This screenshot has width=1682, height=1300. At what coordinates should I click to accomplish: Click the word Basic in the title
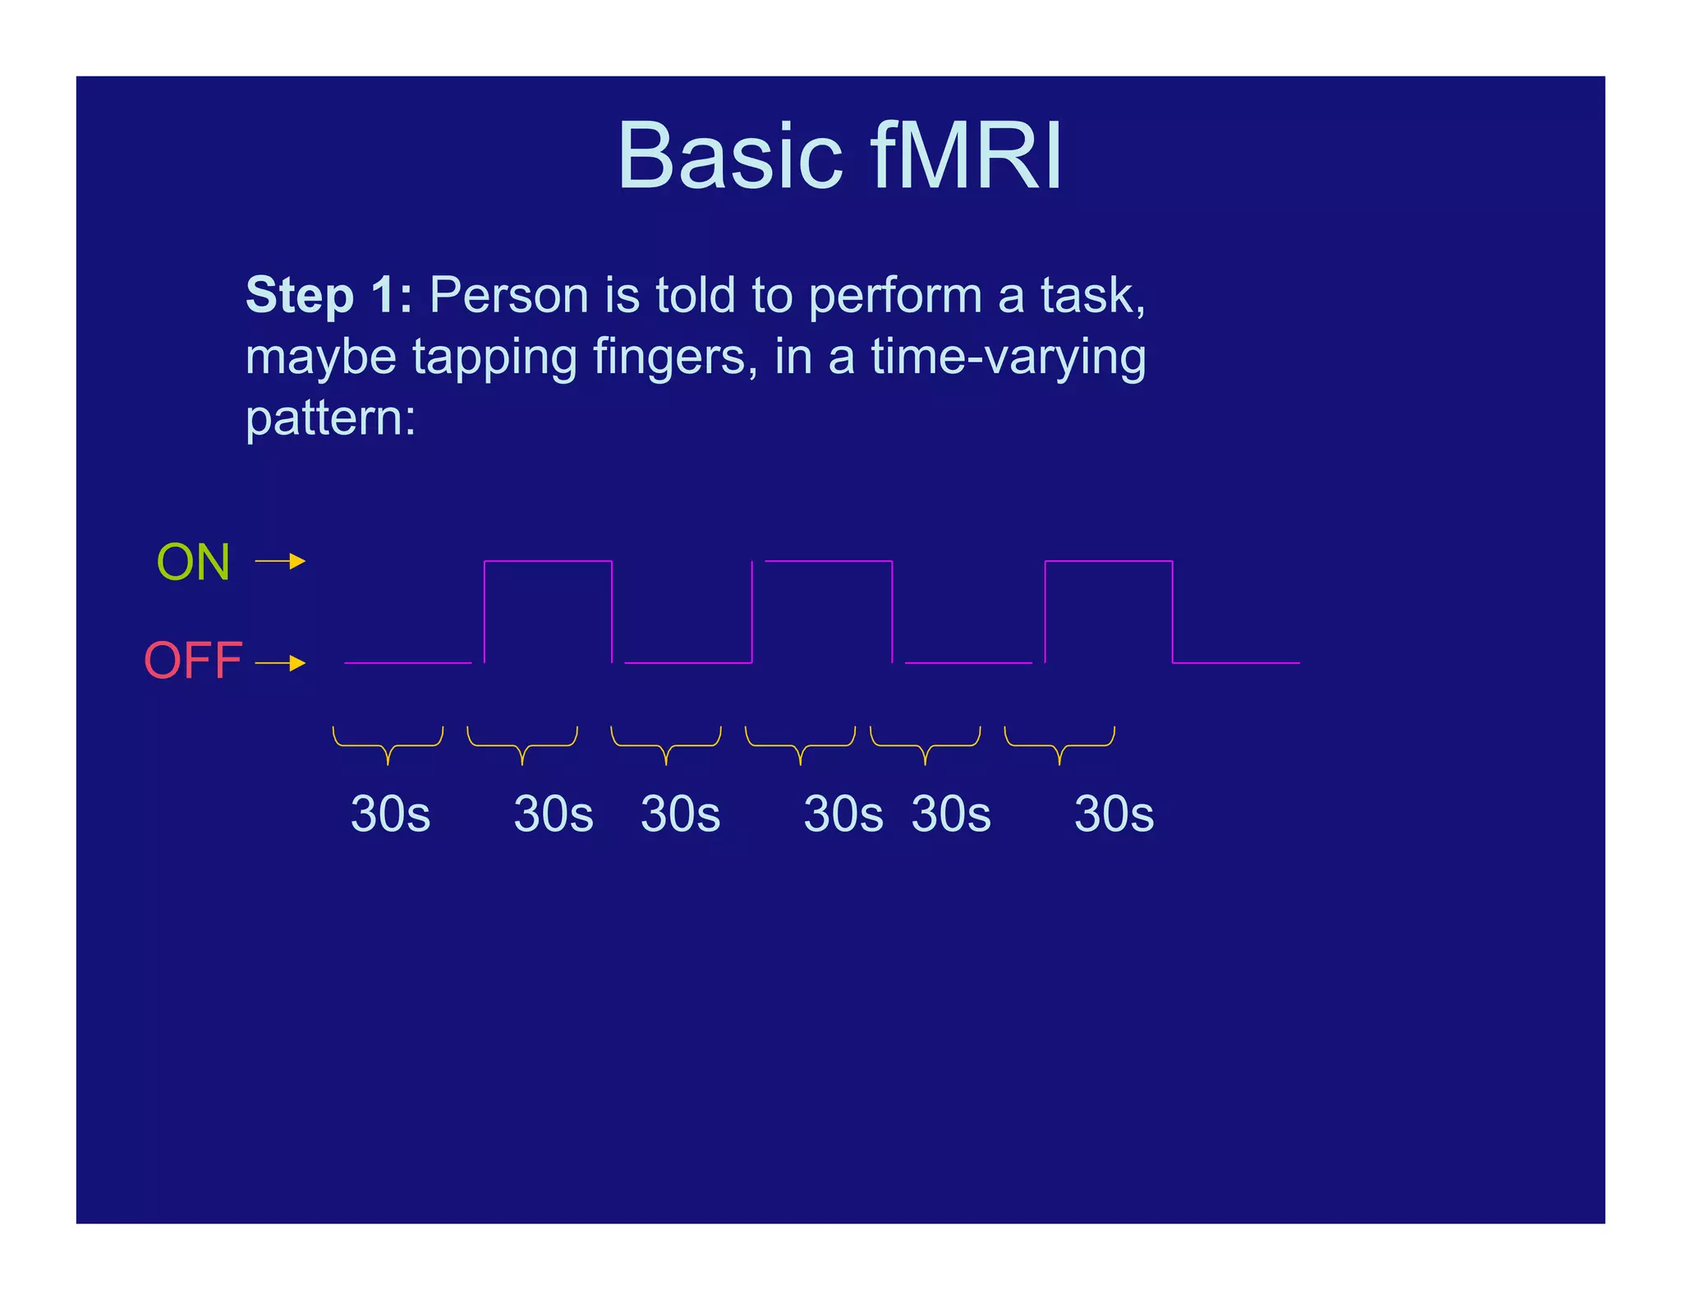tap(729, 156)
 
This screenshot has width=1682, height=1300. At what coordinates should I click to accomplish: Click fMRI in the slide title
tap(966, 156)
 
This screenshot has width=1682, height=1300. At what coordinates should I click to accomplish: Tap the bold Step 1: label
tap(329, 295)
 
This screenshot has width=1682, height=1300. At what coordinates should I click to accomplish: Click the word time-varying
tap(1008, 357)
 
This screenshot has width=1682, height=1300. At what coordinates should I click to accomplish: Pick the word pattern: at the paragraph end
tap(330, 418)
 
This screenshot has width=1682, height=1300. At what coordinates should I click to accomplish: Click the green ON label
tap(193, 563)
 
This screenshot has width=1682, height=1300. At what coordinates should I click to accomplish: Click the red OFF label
tap(193, 661)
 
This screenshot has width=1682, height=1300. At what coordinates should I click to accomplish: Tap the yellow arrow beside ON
tap(280, 561)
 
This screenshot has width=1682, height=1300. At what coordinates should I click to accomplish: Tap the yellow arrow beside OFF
tap(280, 662)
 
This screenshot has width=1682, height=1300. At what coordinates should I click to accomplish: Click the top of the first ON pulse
tap(548, 561)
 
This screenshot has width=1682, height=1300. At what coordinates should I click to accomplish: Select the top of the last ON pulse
tap(1108, 561)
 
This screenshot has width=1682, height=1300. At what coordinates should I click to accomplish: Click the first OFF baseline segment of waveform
tap(407, 662)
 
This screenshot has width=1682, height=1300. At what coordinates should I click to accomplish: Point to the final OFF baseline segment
tap(1235, 662)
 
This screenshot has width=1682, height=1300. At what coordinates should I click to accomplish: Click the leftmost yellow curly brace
tap(388, 745)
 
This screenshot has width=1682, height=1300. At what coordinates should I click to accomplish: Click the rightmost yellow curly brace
tap(1059, 745)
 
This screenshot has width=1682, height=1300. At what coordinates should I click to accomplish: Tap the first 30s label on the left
tap(390, 814)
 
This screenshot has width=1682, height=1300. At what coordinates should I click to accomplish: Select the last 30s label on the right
tap(1114, 814)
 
